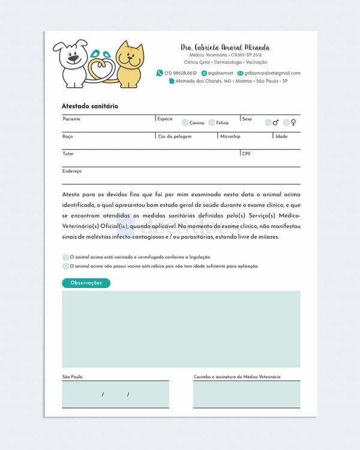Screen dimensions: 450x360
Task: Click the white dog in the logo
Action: coord(72,63)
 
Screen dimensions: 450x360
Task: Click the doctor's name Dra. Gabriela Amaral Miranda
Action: coord(225,47)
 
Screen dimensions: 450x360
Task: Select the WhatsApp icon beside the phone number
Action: coord(160,73)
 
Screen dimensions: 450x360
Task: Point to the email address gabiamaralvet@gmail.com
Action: coord(272,73)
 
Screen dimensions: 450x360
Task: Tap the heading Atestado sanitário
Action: coord(90,106)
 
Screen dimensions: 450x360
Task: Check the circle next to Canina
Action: coord(185,122)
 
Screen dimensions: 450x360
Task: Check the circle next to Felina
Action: coord(212,122)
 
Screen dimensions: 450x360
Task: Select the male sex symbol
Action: coord(275,122)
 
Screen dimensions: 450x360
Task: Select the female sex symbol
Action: coord(293,122)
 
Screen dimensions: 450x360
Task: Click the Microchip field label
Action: coord(230,136)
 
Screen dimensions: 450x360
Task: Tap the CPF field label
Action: coord(247,154)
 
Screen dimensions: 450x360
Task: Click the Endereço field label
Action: coord(72,171)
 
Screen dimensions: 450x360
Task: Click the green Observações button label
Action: coord(86,283)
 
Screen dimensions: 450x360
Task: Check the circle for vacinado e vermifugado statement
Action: coord(65,257)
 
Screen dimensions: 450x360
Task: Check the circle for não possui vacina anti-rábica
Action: coord(65,266)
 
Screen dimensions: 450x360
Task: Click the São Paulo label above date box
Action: coord(73,377)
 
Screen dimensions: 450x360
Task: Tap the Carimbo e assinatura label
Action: coord(237,377)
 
